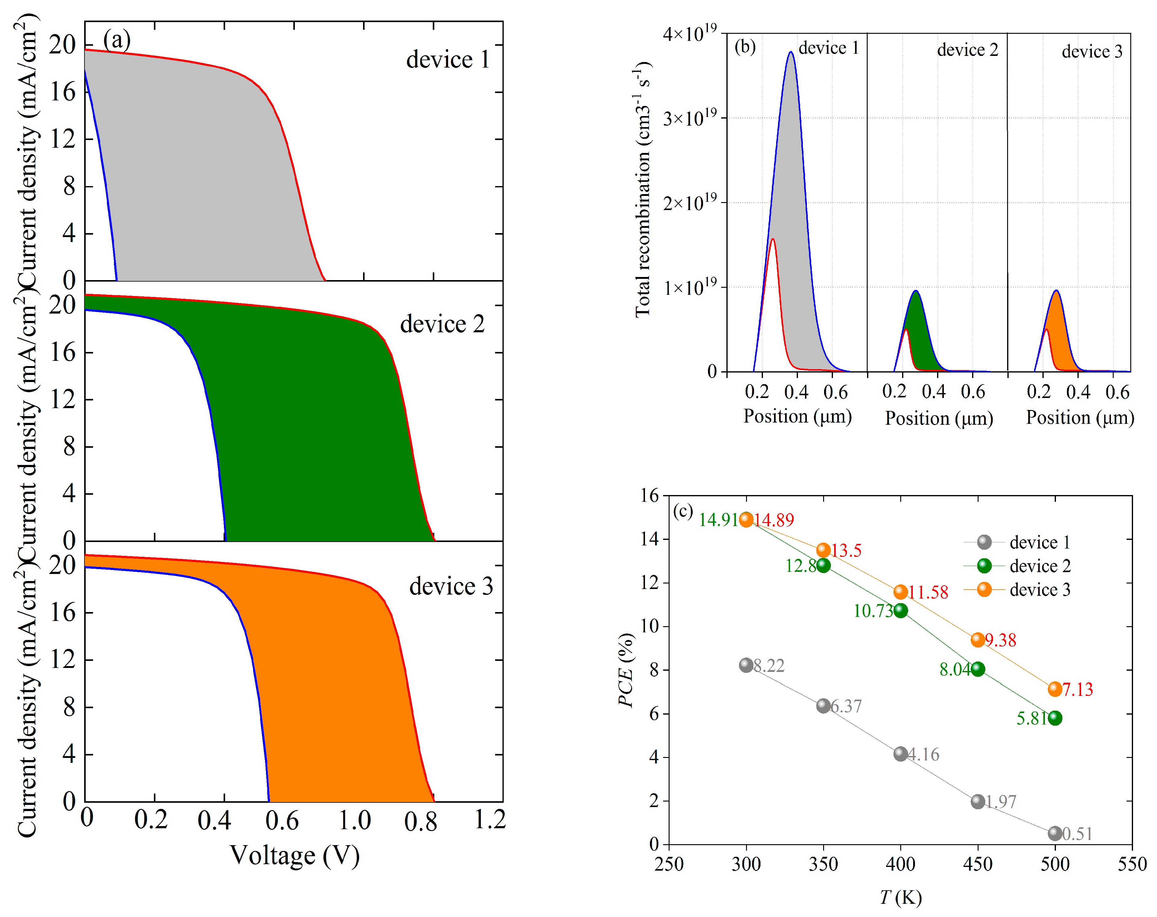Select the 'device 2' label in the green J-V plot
[442, 324]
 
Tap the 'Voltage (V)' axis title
[295, 856]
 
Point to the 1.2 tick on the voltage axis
[489, 819]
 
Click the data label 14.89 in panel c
[773, 520]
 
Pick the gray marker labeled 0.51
[1054, 833]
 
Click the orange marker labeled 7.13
[1054, 689]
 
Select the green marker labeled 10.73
[901, 611]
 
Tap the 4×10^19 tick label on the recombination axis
[689, 34]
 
